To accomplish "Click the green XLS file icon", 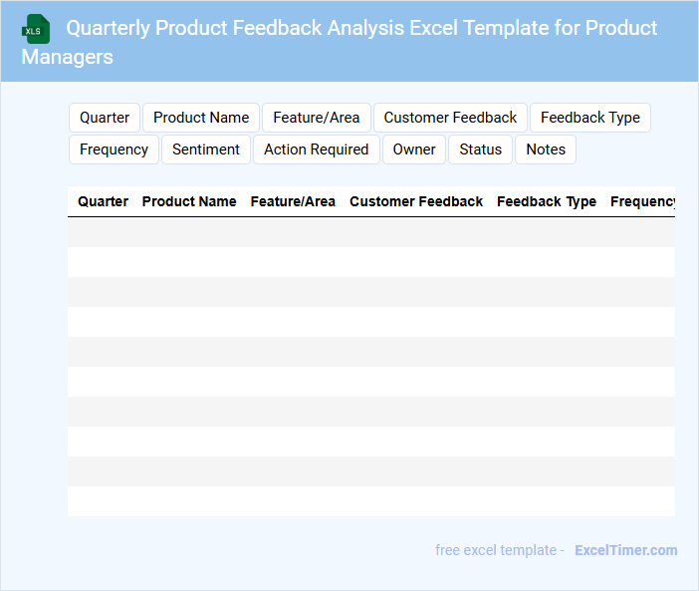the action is [x=36, y=29].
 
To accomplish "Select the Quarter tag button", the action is [x=105, y=118].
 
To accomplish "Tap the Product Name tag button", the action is [x=201, y=118].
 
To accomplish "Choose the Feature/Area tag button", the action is [x=317, y=118].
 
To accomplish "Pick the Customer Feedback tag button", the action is [x=450, y=118].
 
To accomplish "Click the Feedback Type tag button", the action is [x=590, y=118].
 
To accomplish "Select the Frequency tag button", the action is [x=114, y=149].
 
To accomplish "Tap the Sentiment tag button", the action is [x=206, y=149].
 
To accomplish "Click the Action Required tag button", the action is [x=317, y=149].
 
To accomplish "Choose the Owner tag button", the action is [x=414, y=149].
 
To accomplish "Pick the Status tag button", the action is [x=481, y=149].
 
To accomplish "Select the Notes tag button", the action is [x=546, y=149].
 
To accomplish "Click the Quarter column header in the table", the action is [x=103, y=201].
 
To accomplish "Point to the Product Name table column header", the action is [x=189, y=201].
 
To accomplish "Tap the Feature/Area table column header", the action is [x=293, y=201].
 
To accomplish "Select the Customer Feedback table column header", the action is [x=416, y=201].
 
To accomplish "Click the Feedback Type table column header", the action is [x=547, y=202].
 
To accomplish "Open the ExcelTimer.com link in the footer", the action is [x=626, y=550].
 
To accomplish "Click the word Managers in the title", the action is [x=68, y=57].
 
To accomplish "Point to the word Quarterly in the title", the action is [x=109, y=28].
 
